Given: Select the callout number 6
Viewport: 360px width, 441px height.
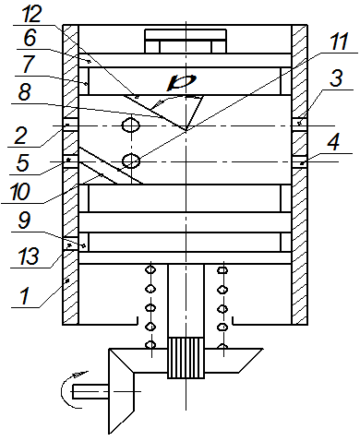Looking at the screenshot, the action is tap(30, 38).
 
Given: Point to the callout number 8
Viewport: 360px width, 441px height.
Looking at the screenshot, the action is tap(25, 91).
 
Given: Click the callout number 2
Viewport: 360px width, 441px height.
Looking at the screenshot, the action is tap(21, 136).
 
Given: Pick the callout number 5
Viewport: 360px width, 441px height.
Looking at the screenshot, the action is tap(23, 162).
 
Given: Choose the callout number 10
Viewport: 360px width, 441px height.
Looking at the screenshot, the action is tap(20, 191).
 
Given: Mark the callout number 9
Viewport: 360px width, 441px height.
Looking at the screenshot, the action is tap(25, 220).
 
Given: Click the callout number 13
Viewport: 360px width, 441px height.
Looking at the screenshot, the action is tap(29, 256).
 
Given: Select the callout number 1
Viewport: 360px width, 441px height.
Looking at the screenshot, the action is tap(25, 295).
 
